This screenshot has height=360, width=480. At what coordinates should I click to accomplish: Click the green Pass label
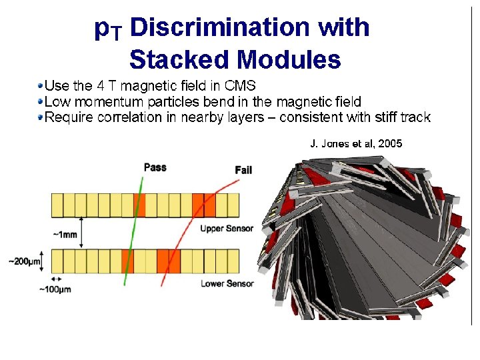tap(155, 167)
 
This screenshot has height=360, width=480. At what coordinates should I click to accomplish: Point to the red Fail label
tap(243, 170)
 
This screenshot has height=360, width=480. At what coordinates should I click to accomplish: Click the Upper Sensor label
tap(227, 229)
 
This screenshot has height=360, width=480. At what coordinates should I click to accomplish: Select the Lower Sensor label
tap(227, 283)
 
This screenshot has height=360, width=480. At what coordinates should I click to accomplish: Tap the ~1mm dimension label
tap(66, 235)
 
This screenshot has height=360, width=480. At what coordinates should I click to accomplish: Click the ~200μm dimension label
tap(22, 261)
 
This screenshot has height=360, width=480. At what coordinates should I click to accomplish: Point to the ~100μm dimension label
tap(55, 289)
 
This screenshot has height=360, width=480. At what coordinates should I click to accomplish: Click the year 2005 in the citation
tap(389, 143)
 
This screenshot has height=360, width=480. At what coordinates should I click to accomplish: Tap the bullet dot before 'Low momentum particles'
tap(41, 102)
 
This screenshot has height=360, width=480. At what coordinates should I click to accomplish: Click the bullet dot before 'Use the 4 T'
tap(41, 86)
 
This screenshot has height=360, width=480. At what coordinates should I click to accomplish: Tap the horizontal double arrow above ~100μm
tap(56, 279)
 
